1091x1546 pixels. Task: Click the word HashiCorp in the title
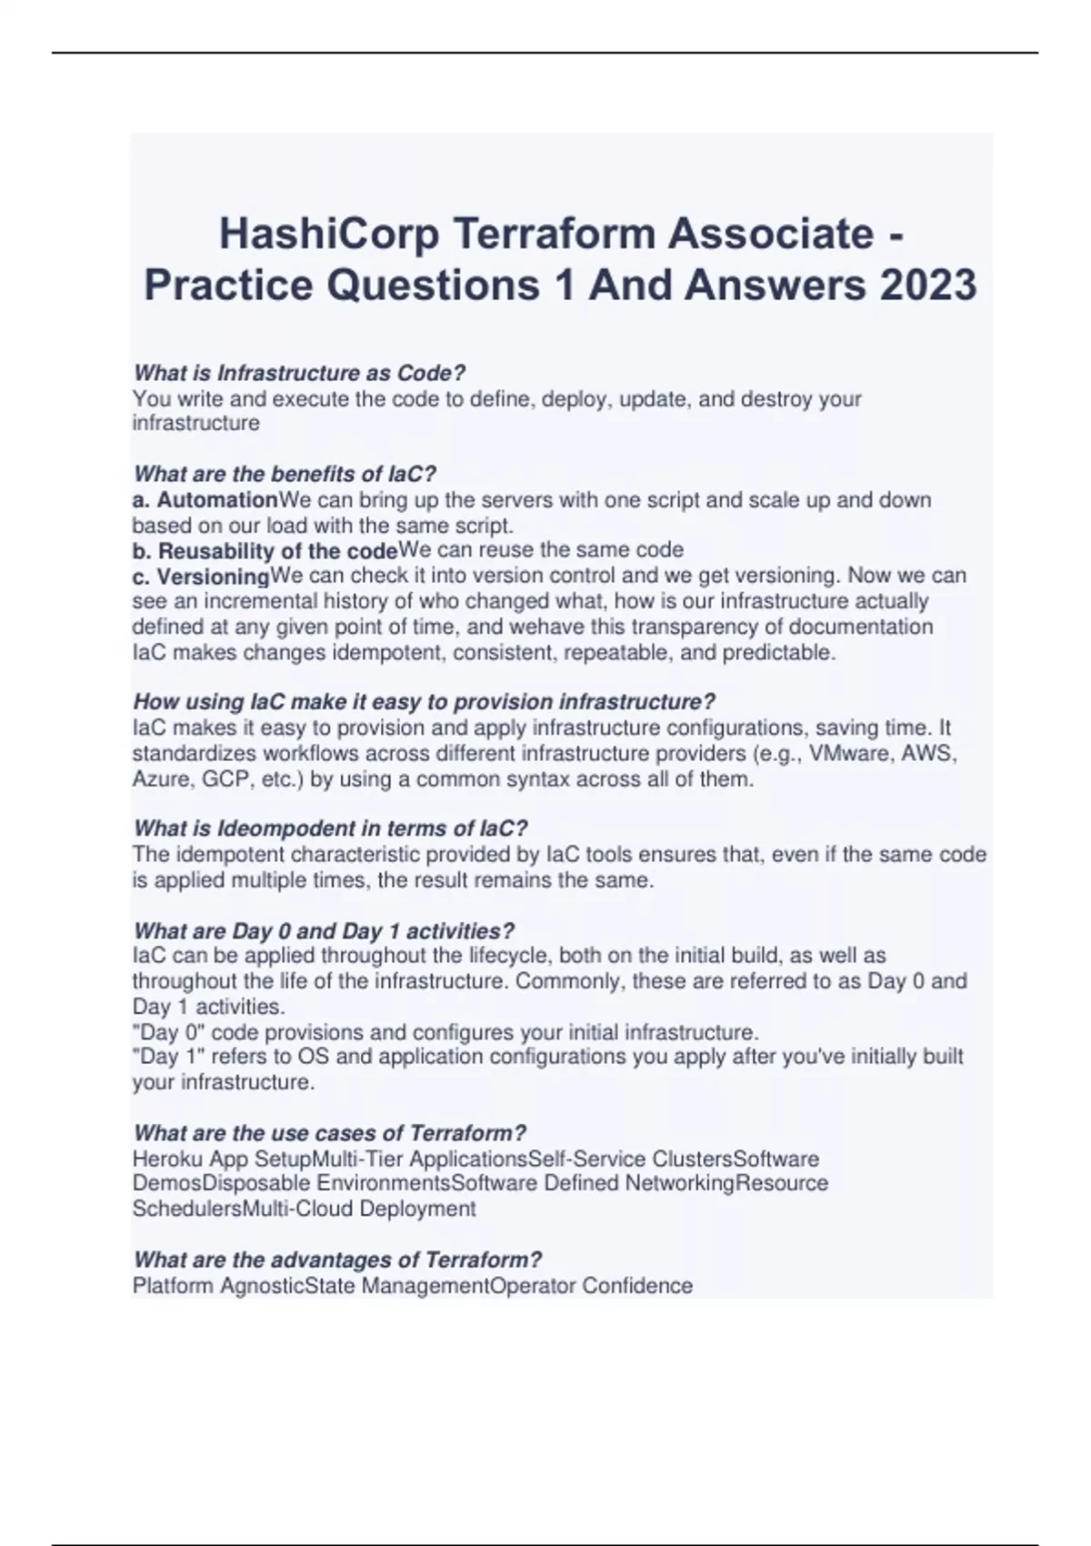click(328, 235)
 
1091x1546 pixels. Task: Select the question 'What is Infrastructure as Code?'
click(299, 373)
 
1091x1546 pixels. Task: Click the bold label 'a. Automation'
click(205, 500)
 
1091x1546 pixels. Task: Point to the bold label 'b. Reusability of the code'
click(265, 551)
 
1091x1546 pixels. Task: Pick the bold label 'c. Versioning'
click(201, 577)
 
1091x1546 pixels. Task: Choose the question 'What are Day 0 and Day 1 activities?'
click(324, 931)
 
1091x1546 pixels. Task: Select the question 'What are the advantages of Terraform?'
click(337, 1260)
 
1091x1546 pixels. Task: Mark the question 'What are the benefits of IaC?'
click(285, 474)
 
